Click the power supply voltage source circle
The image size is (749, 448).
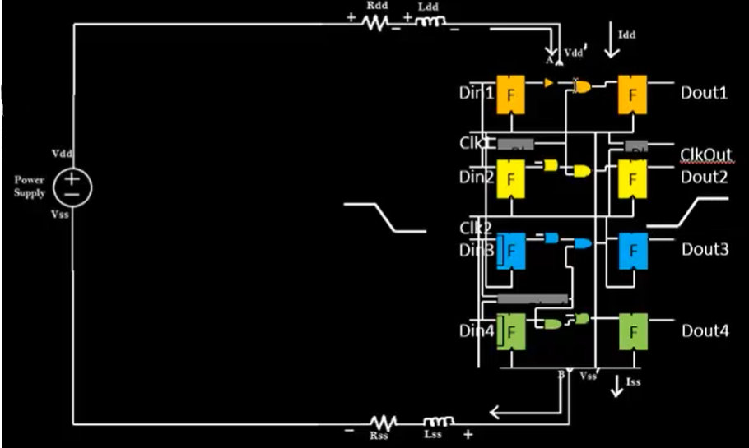pos(72,187)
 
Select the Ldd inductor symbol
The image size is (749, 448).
pos(428,23)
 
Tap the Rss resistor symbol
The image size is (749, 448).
pos(384,423)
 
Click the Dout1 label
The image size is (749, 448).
pos(704,92)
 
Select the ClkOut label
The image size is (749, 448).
pos(705,155)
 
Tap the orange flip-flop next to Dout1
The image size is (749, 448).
pos(633,95)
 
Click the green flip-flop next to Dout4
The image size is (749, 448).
pos(633,332)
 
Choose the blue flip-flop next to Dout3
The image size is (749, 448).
pos(633,251)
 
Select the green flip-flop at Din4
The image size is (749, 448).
pos(510,333)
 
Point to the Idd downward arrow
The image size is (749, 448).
pos(611,43)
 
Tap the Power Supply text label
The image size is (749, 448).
pos(30,186)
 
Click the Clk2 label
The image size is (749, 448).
pos(476,228)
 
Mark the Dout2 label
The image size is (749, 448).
pos(704,177)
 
